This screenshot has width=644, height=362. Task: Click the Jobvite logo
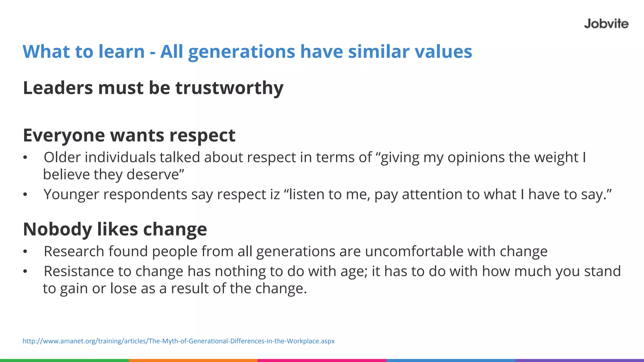[606, 24]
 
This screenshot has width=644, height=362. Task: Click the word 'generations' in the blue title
[241, 52]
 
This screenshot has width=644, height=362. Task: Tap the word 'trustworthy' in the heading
[229, 88]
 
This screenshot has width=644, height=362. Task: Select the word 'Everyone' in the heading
[64, 136]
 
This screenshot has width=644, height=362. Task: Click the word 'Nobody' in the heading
[57, 229]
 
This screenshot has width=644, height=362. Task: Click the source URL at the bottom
[178, 341]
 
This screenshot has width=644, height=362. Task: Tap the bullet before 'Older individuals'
[25, 158]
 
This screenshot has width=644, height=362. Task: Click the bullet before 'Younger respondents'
[25, 195]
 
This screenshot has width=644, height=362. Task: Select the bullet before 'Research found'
[25, 252]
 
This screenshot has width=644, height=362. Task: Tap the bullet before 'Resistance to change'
[25, 271]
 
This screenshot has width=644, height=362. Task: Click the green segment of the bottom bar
[64, 360]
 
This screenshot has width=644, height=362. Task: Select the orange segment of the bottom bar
[193, 360]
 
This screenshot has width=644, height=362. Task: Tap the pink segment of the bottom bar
[322, 360]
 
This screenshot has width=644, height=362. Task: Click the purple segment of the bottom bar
[580, 360]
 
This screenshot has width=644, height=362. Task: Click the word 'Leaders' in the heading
[58, 88]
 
